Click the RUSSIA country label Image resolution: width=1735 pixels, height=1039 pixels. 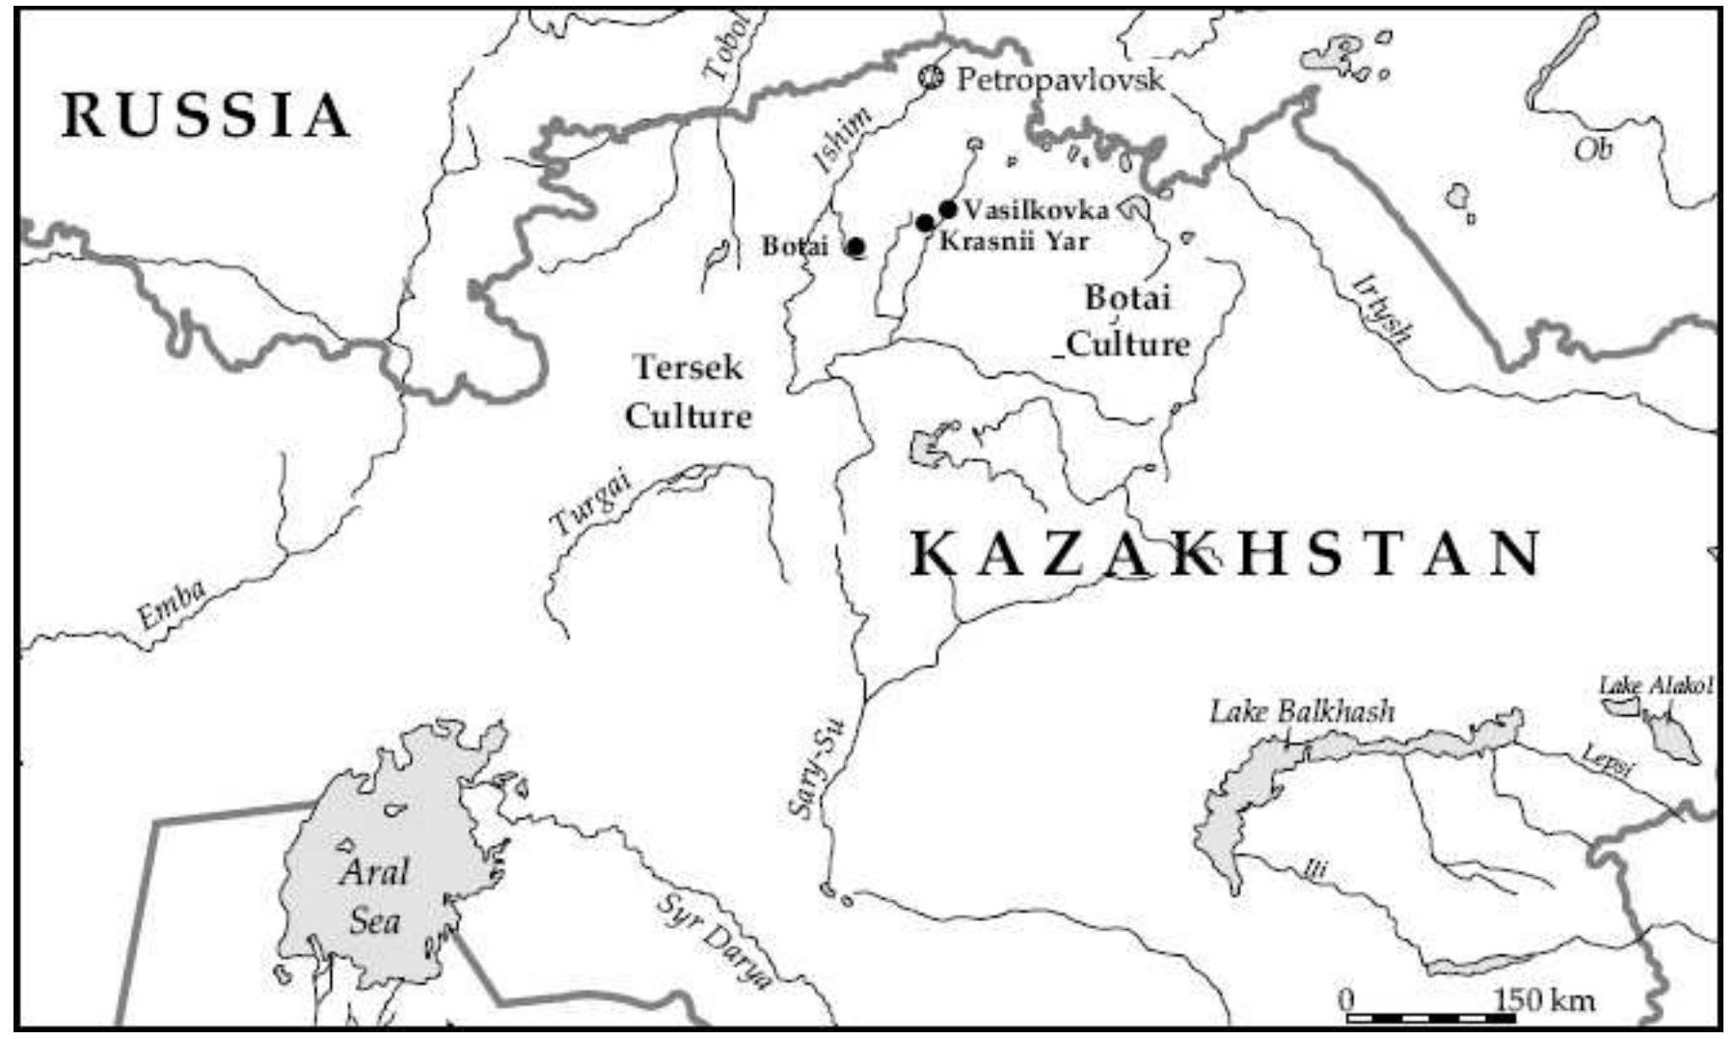(205, 116)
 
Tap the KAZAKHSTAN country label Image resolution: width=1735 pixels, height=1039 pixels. (1225, 555)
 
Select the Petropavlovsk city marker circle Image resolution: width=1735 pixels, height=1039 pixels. (931, 77)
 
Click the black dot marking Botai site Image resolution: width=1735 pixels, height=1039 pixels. (855, 247)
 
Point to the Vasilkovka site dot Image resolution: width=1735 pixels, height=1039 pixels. (947, 208)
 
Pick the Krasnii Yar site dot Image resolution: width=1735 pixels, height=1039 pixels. (925, 224)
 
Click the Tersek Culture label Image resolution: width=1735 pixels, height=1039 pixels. (688, 392)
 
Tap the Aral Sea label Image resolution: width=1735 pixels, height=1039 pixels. (374, 896)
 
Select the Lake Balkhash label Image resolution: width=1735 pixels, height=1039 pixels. (1302, 712)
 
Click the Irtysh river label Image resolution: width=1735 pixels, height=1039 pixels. (1383, 309)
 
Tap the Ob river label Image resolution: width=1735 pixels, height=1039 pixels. (1593, 150)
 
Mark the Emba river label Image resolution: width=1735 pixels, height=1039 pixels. (171, 604)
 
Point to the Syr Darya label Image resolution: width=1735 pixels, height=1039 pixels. (716, 941)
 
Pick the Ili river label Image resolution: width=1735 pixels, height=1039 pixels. (1315, 870)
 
